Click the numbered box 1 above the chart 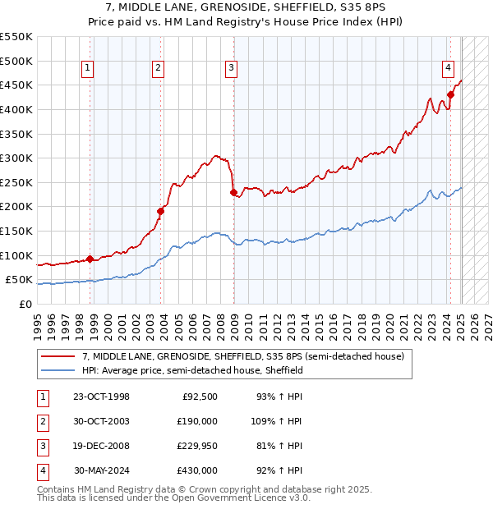point(88,68)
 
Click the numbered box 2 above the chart point(158,68)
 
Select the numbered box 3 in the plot point(232,68)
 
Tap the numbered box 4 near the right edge point(448,68)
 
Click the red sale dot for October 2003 point(161,211)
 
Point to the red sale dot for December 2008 point(233,192)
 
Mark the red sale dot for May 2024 point(450,94)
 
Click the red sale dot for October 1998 point(90,259)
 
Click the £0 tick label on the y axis point(26,304)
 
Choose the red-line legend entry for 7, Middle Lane point(243,357)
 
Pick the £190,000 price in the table point(198,420)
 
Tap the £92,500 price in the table point(200,397)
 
